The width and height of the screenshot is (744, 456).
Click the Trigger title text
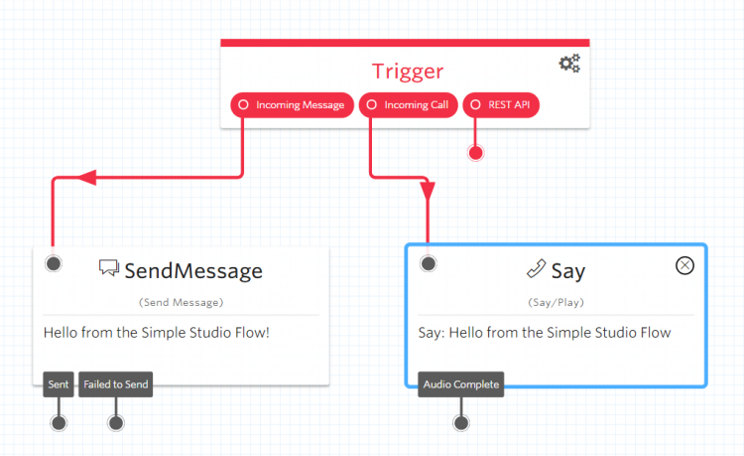click(408, 71)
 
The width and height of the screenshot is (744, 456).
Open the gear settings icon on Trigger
click(569, 64)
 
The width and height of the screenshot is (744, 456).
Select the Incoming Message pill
click(292, 104)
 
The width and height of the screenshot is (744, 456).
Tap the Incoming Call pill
click(407, 104)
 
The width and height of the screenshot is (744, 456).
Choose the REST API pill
click(501, 104)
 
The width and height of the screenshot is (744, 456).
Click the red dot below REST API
click(475, 153)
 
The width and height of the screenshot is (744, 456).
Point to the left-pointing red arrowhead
click(86, 178)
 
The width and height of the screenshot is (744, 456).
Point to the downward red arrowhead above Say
click(428, 190)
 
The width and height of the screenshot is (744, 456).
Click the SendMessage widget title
click(193, 270)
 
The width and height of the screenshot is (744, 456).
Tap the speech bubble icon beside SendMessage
click(109, 268)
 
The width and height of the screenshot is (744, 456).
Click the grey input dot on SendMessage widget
click(54, 263)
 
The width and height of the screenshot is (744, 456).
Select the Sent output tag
click(58, 384)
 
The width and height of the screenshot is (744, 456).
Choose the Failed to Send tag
click(116, 384)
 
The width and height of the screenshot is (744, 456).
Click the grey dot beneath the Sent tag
click(59, 423)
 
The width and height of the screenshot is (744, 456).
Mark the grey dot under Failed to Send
click(116, 423)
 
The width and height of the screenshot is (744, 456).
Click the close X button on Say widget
click(684, 264)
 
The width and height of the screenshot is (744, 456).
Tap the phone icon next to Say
click(536, 268)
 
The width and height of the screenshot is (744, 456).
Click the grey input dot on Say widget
click(429, 263)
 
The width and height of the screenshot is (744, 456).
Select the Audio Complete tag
click(460, 384)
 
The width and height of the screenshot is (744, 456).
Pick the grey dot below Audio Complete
click(460, 423)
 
